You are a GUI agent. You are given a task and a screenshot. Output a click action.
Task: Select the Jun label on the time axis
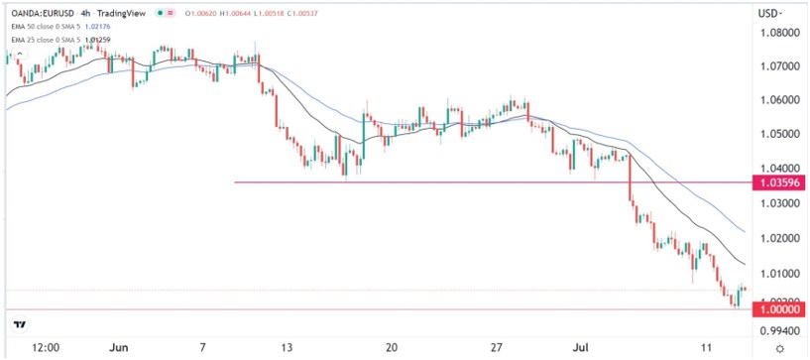coord(116,348)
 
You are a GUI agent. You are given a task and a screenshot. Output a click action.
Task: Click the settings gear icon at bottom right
coord(782,348)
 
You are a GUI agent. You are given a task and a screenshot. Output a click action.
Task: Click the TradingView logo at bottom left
coord(19,323)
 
